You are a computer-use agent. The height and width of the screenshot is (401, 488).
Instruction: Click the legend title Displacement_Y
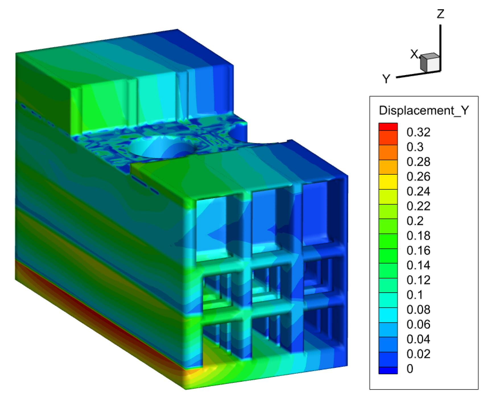click(x=424, y=110)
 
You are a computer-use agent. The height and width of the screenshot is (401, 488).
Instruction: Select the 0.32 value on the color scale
click(x=418, y=132)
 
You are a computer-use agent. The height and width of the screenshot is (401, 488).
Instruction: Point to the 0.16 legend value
click(x=418, y=251)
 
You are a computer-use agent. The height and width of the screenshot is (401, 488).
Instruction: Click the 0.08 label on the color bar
click(x=418, y=310)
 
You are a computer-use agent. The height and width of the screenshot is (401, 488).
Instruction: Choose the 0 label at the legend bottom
click(x=410, y=369)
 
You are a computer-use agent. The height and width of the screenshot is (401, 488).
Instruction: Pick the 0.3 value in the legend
click(x=415, y=147)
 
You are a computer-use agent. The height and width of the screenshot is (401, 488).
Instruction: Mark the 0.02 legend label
click(x=418, y=354)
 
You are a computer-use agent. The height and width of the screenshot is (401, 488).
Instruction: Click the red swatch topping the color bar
click(x=388, y=127)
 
